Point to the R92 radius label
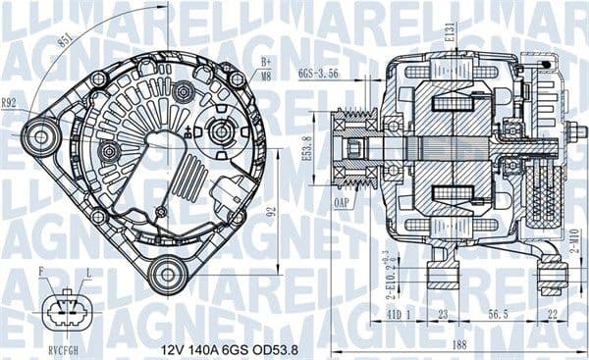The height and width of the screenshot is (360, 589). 10,101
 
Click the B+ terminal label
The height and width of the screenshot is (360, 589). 265,63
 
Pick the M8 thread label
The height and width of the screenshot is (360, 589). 265,76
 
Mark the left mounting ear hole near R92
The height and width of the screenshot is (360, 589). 40,133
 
